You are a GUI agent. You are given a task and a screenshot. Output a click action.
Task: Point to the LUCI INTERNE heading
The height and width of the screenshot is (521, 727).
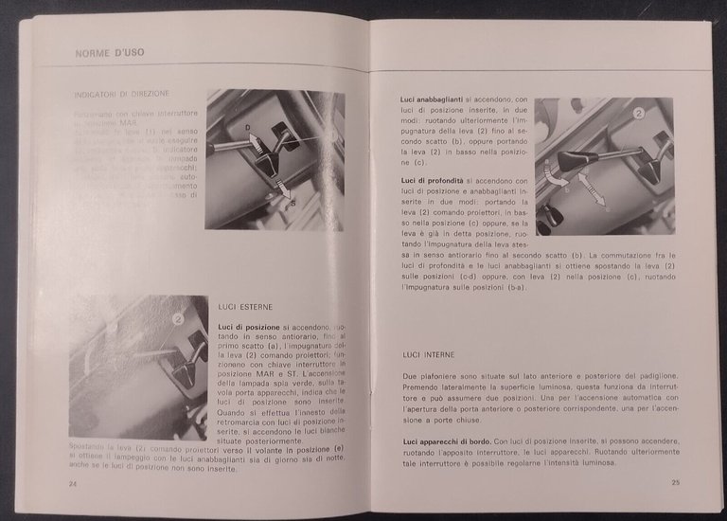pos(428,354)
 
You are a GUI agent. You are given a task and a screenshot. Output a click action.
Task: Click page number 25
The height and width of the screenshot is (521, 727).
pos(675,482)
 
